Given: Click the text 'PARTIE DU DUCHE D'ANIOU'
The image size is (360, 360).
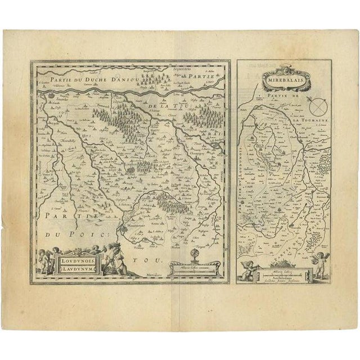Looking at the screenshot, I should point(84,81).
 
